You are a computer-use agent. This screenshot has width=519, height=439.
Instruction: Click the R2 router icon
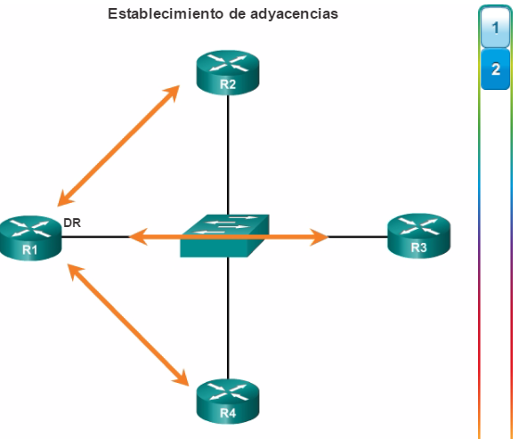point(228,73)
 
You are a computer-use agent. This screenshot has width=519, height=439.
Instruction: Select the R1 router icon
point(30,238)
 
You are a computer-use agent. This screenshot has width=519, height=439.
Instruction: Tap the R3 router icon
point(418,236)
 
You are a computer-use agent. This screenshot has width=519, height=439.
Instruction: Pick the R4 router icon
point(228,402)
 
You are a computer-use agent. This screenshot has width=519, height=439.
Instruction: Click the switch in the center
point(224,236)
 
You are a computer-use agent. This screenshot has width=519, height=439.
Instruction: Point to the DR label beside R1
point(72,223)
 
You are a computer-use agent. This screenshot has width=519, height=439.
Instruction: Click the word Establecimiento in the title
point(166,14)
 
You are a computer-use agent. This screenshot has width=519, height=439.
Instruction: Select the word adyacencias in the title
point(295,14)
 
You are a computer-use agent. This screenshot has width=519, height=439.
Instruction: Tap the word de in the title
point(237,14)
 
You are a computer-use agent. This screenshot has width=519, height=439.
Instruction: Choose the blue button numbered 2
point(495,69)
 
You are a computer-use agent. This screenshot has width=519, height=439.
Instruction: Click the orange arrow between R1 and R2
point(118,146)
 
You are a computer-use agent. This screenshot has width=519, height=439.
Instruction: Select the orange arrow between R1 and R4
point(128,325)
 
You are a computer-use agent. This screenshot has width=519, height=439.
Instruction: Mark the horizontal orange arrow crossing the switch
point(229,237)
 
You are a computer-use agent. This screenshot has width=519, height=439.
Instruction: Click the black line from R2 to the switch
point(228,155)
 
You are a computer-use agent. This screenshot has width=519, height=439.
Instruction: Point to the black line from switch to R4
point(228,318)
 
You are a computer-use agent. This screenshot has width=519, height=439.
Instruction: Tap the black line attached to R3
point(358,237)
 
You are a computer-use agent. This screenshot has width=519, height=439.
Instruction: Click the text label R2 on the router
point(228,85)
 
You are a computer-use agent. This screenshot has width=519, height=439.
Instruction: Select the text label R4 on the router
point(228,413)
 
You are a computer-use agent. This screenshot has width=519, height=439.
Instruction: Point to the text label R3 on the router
point(418,248)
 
